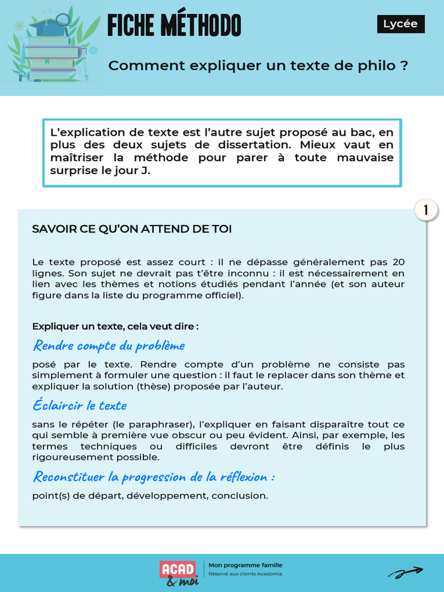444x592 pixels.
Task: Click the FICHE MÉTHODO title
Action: (x=174, y=26)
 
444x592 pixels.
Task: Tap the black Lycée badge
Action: (x=400, y=24)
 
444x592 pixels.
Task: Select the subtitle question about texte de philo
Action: (x=258, y=65)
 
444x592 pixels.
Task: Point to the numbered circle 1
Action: (x=427, y=211)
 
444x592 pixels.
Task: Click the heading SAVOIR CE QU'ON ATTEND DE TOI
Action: (x=132, y=229)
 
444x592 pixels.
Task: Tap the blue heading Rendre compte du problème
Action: (x=109, y=346)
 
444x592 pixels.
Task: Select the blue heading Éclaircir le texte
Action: (x=80, y=405)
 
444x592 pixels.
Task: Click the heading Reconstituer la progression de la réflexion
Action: (x=154, y=477)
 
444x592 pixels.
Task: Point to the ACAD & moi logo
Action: (x=179, y=572)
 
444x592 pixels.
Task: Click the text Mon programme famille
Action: (x=249, y=565)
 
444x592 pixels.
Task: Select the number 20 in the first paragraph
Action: (x=398, y=262)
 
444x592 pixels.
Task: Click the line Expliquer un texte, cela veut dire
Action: (x=116, y=326)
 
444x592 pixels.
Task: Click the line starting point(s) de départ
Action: (x=150, y=495)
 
